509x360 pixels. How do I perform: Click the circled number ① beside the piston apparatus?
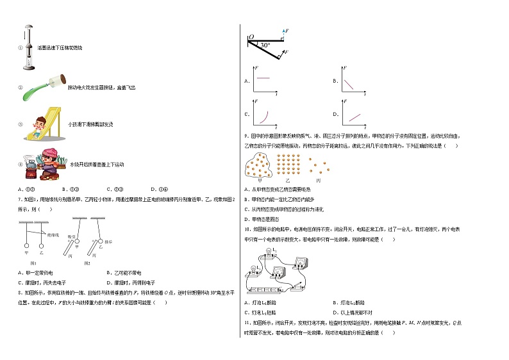tap(21, 48)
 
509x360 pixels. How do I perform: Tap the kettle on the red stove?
tap(30, 163)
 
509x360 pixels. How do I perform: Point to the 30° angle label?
tap(265, 45)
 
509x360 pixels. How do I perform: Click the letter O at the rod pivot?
tap(251, 37)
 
